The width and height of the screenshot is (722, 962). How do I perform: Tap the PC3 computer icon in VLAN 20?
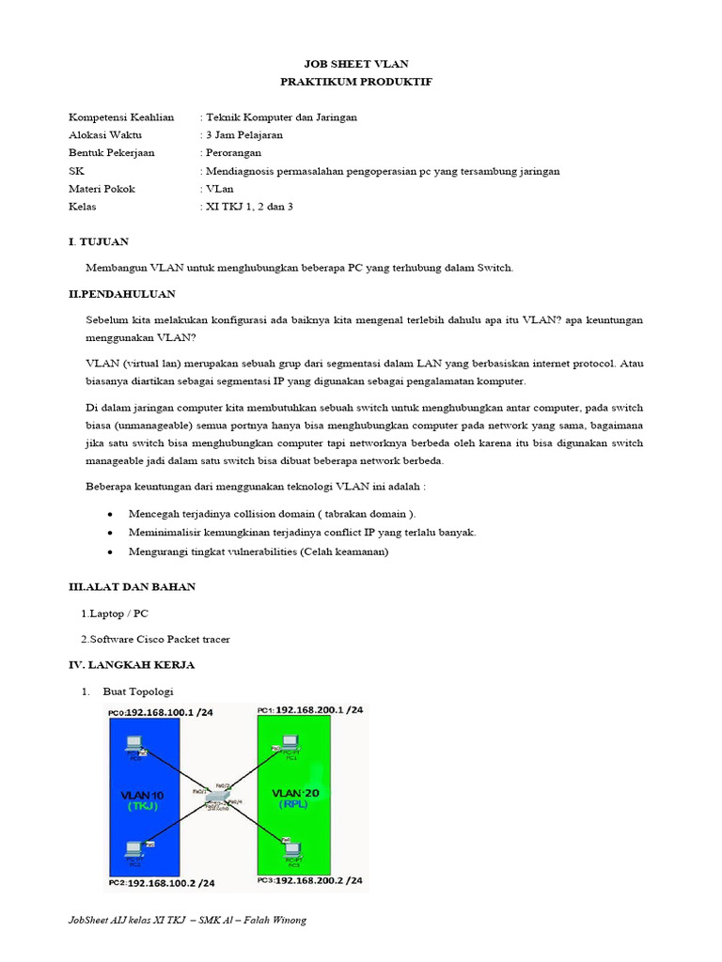[x=290, y=850]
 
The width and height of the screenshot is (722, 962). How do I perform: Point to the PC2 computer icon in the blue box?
[x=132, y=850]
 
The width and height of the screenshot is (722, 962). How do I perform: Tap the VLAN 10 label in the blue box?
[x=140, y=795]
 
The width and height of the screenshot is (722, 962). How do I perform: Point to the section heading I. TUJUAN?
[x=99, y=242]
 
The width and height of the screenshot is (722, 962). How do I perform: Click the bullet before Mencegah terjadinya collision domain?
[x=111, y=515]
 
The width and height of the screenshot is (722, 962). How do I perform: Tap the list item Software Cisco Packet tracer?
[x=158, y=640]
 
